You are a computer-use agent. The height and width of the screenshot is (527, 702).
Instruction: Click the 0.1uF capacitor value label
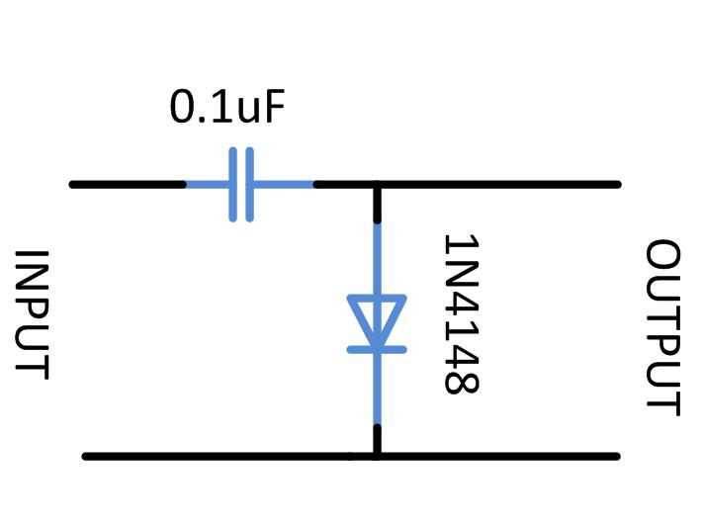coord(227,107)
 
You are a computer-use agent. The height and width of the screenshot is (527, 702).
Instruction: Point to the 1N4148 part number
coord(461,314)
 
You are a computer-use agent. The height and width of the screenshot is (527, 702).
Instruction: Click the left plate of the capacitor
coord(234,185)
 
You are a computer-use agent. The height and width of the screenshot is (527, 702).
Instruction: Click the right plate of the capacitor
coord(249,185)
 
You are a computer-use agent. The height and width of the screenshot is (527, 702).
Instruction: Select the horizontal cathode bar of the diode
coord(377,348)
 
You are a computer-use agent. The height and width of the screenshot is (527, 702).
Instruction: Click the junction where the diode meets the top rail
coord(377,185)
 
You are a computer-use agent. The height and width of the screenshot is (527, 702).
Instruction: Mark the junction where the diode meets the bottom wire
coord(377,456)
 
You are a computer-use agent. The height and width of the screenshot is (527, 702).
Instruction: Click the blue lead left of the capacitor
coord(210,185)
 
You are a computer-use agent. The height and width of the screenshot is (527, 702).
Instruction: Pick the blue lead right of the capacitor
coord(282,185)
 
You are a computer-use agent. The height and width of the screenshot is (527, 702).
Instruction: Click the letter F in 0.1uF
coord(275,107)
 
